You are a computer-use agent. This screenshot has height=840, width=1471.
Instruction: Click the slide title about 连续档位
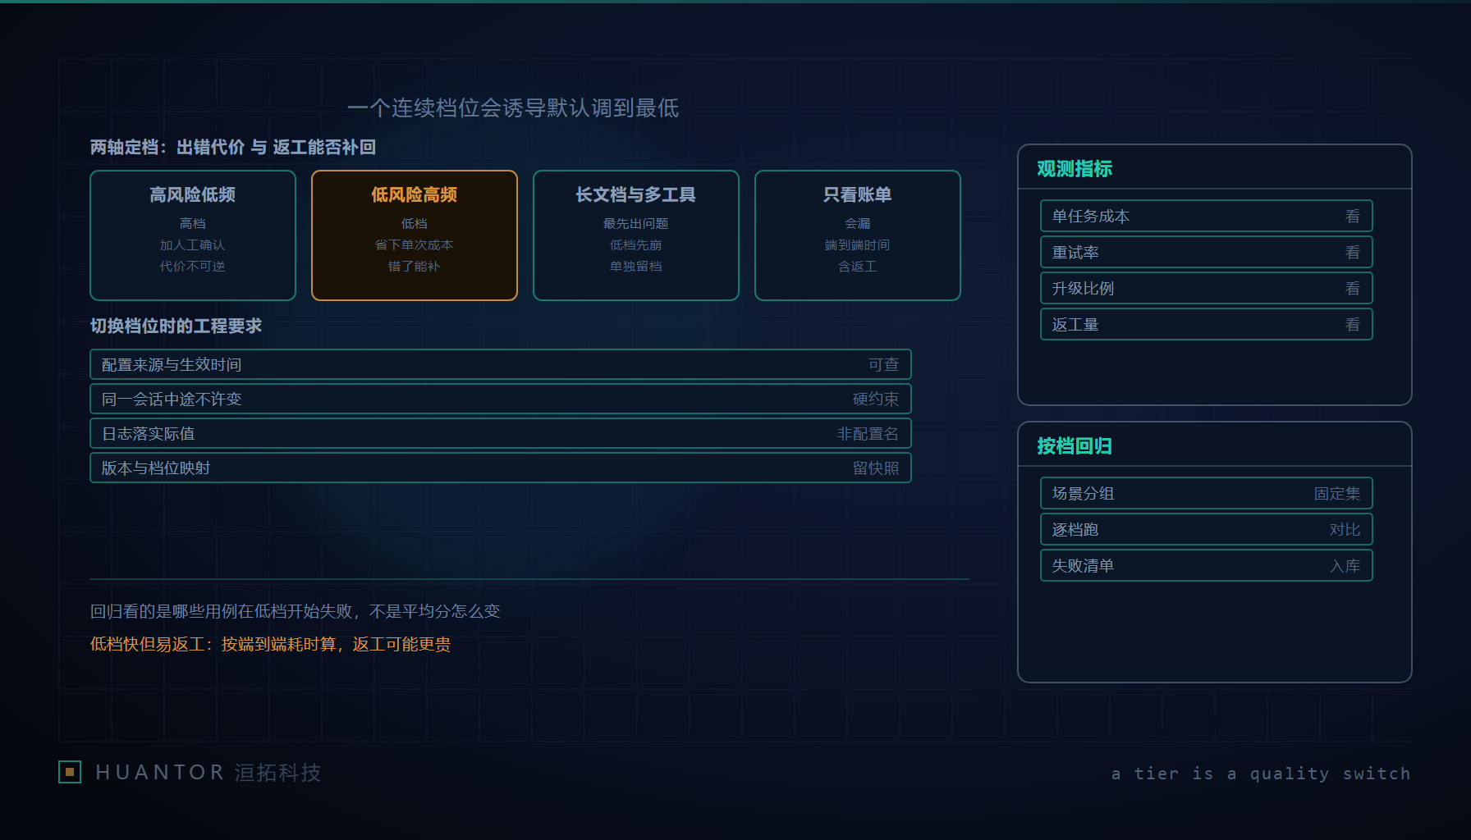[513, 108]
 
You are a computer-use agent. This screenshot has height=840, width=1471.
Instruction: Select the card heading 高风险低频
[193, 194]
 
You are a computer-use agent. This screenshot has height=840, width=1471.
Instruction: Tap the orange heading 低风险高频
[415, 194]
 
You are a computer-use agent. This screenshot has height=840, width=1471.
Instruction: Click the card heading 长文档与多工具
[636, 194]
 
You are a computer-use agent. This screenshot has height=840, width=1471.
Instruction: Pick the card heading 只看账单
[858, 194]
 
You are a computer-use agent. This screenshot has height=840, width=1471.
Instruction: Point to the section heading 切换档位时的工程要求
[176, 326]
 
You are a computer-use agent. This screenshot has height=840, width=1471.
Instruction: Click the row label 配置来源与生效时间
[172, 364]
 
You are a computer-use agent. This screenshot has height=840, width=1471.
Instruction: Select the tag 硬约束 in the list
[876, 399]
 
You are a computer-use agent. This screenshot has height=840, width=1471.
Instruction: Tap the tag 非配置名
[868, 433]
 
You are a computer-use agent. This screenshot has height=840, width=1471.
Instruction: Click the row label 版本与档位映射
[156, 468]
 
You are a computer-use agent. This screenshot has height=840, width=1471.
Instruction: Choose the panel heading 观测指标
[1075, 168]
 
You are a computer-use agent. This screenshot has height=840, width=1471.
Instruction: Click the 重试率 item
[1075, 253]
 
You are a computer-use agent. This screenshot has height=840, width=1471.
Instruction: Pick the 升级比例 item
[1084, 289]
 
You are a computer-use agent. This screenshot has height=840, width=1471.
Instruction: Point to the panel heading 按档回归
[1075, 445]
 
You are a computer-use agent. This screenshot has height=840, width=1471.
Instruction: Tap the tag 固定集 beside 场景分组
[1337, 494]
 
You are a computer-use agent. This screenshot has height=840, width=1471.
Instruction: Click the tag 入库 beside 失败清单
[1345, 566]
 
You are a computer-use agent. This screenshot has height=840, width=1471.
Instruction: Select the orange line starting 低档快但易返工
[270, 644]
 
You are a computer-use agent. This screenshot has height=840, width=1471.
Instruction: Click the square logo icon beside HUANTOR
[70, 772]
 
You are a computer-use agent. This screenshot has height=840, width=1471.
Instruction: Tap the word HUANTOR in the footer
[160, 773]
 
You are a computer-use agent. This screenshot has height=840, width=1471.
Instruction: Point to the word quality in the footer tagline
[1290, 774]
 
